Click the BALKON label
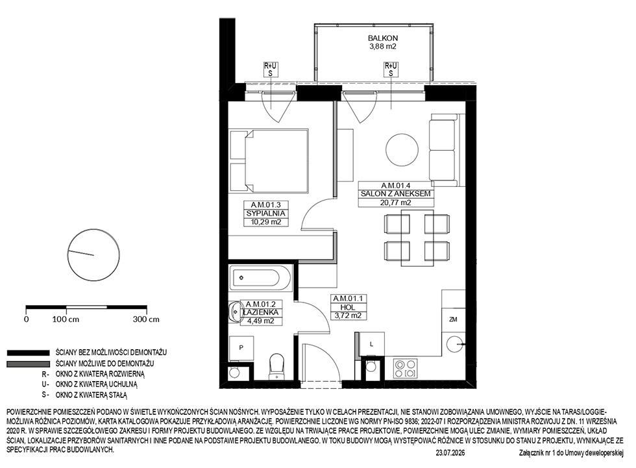382,38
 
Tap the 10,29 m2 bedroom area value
266,222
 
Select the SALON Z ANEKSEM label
395,194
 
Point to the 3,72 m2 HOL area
348,315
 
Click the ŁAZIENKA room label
260,312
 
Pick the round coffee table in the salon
402,150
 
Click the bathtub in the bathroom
260,278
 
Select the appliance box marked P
241,349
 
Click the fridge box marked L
372,344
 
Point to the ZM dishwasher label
453,319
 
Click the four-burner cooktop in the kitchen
406,369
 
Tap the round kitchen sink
455,345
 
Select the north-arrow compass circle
93,255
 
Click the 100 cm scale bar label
66,319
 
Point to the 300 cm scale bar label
146,319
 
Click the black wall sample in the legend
28,353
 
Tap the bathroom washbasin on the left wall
234,312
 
